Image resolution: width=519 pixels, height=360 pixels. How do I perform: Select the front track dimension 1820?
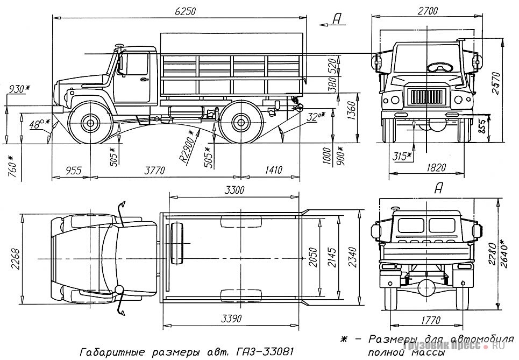click(436, 167)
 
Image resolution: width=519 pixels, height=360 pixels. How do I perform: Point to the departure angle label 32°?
click(313, 117)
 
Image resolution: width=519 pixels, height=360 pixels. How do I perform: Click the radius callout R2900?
click(187, 146)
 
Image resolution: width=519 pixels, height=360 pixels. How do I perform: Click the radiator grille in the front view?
click(428, 98)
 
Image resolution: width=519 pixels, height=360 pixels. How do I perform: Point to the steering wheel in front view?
click(440, 67)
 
